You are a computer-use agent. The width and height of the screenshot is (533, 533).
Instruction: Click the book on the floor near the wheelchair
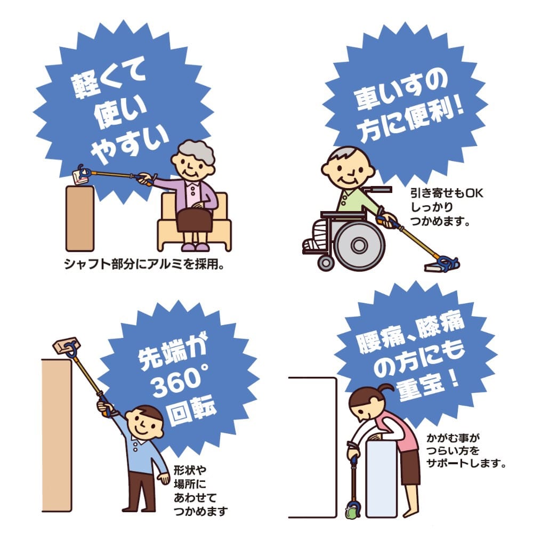pyautogui.click(x=434, y=267)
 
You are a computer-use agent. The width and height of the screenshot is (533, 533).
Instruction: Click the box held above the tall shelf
pyautogui.click(x=66, y=346)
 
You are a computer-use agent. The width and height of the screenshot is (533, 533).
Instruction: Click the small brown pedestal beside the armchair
pyautogui.click(x=80, y=217)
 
